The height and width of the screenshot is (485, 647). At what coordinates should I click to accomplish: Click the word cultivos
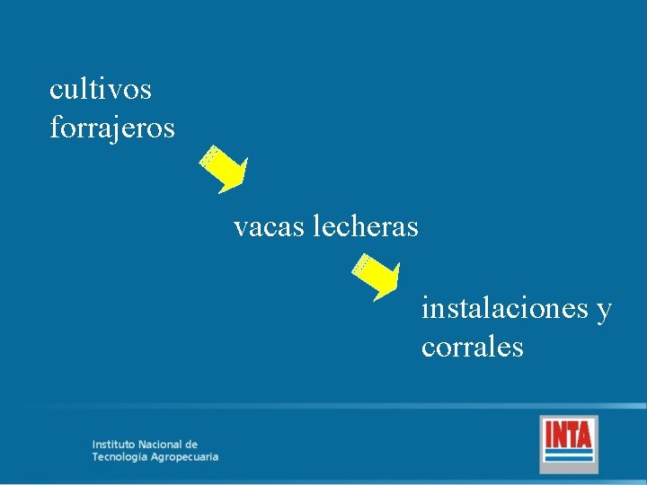click(x=101, y=89)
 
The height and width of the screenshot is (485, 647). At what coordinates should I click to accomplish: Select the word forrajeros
click(x=112, y=128)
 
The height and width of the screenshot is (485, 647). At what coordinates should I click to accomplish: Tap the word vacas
click(x=270, y=227)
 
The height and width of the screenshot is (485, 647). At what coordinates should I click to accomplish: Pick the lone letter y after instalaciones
click(x=604, y=311)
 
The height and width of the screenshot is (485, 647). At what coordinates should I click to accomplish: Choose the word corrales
click(x=472, y=348)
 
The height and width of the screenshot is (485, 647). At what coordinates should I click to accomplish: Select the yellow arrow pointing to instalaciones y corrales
click(x=377, y=278)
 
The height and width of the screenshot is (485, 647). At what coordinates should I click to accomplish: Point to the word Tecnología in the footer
click(x=121, y=457)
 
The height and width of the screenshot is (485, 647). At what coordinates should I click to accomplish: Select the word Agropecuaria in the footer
click(x=186, y=457)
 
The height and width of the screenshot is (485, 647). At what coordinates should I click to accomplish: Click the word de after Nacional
click(x=191, y=445)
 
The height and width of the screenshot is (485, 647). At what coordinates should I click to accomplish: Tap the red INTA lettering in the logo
click(x=568, y=436)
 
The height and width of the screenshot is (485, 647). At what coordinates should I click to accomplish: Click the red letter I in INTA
click(x=549, y=436)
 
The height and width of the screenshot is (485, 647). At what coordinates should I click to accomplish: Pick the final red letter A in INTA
click(x=585, y=436)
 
